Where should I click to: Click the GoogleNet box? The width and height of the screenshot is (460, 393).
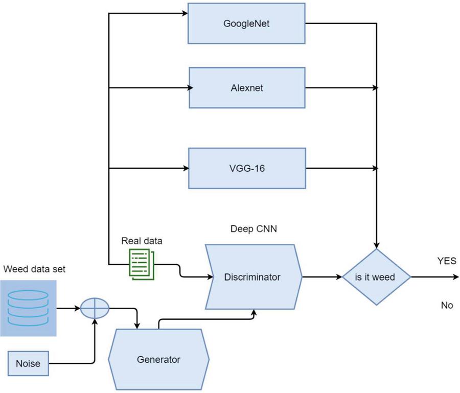[x=247, y=23]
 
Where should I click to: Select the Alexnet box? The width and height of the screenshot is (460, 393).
[x=247, y=87]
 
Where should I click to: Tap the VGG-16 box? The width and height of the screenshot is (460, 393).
[x=247, y=168]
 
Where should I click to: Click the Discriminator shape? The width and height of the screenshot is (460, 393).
[x=252, y=278]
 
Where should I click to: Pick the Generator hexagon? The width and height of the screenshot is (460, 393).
[x=158, y=359]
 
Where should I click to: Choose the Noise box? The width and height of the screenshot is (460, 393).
[x=28, y=364]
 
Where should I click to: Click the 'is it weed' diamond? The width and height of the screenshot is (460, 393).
[x=376, y=278]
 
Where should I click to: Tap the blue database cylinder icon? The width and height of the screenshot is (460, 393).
[x=28, y=308]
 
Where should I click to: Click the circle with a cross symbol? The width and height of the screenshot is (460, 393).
[x=95, y=308]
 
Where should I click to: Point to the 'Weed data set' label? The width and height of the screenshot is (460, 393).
[x=34, y=269]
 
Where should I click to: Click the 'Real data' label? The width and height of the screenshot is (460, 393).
[x=138, y=240]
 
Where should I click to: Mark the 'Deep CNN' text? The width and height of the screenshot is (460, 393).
[x=254, y=228]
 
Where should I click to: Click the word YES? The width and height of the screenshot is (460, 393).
[x=447, y=261]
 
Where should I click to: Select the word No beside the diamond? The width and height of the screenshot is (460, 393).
[x=447, y=305]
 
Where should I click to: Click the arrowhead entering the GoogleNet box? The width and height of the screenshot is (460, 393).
[x=186, y=12]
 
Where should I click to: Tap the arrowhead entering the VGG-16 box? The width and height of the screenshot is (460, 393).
[x=186, y=168]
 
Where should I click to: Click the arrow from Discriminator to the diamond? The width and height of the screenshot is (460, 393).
[x=322, y=278]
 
